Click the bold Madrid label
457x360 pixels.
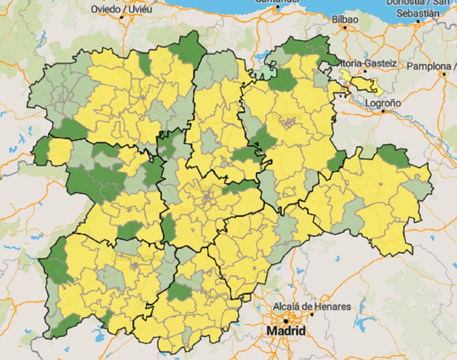(x=286, y=330)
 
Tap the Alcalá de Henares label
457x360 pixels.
(x=312, y=306)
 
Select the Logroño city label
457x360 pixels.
(x=383, y=103)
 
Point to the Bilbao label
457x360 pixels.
(x=345, y=19)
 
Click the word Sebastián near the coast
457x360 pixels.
(x=418, y=13)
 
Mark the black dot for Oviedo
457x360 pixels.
(x=121, y=17)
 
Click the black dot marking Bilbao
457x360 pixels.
(x=345, y=27)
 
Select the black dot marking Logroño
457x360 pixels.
(x=383, y=111)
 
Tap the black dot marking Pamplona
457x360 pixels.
(x=444, y=74)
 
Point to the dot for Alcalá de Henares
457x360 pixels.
(x=312, y=314)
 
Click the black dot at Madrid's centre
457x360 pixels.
(x=286, y=321)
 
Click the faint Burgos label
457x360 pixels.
(x=286, y=115)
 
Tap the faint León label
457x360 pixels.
(x=141, y=89)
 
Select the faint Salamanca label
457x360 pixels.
(x=135, y=257)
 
